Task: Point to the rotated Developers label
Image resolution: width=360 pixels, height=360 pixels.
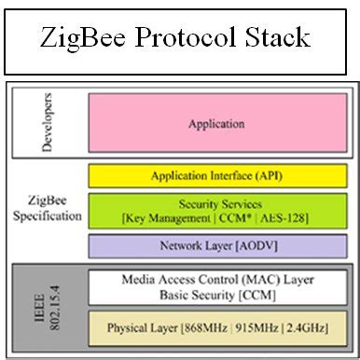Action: [49, 121]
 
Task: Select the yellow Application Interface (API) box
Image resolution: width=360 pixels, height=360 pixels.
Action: [216, 175]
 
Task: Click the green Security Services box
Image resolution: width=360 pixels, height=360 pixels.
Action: [216, 210]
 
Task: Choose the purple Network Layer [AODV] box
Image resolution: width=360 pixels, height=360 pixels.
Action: [216, 245]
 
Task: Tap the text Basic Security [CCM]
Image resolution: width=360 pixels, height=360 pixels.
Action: [216, 294]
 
